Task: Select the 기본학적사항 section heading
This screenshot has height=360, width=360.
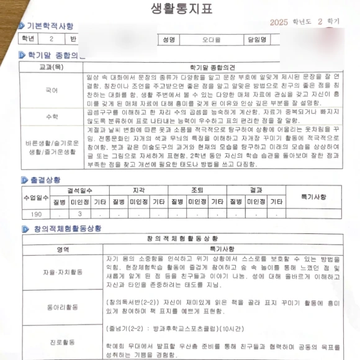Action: [x=50, y=27]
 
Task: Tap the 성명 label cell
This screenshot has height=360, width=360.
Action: [x=168, y=39]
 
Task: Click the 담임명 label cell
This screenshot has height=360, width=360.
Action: [x=256, y=39]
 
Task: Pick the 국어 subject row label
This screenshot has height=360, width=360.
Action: [x=52, y=90]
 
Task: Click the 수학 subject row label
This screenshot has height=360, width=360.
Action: [x=52, y=116]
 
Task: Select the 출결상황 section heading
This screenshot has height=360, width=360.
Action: [x=45, y=179]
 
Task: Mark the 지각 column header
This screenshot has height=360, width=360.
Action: [x=139, y=191]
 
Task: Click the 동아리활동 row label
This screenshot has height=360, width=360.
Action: [x=61, y=307]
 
